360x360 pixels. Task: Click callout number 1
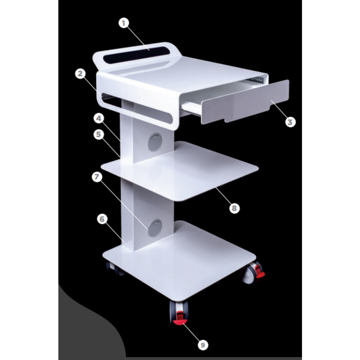[x=123, y=23]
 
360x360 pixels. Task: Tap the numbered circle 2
[x=81, y=74]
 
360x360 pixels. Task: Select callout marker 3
[x=290, y=122]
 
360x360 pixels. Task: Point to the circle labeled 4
[x=99, y=118]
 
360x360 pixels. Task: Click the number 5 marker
[x=99, y=135]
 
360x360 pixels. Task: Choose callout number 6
[x=102, y=219]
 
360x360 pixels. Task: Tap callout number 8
[x=234, y=208]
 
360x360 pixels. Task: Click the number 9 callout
[x=202, y=345]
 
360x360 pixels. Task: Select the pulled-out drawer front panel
[x=245, y=101]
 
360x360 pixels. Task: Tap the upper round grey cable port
[x=154, y=142]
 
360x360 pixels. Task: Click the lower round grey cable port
[x=154, y=228]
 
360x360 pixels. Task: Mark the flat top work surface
[x=197, y=76]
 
